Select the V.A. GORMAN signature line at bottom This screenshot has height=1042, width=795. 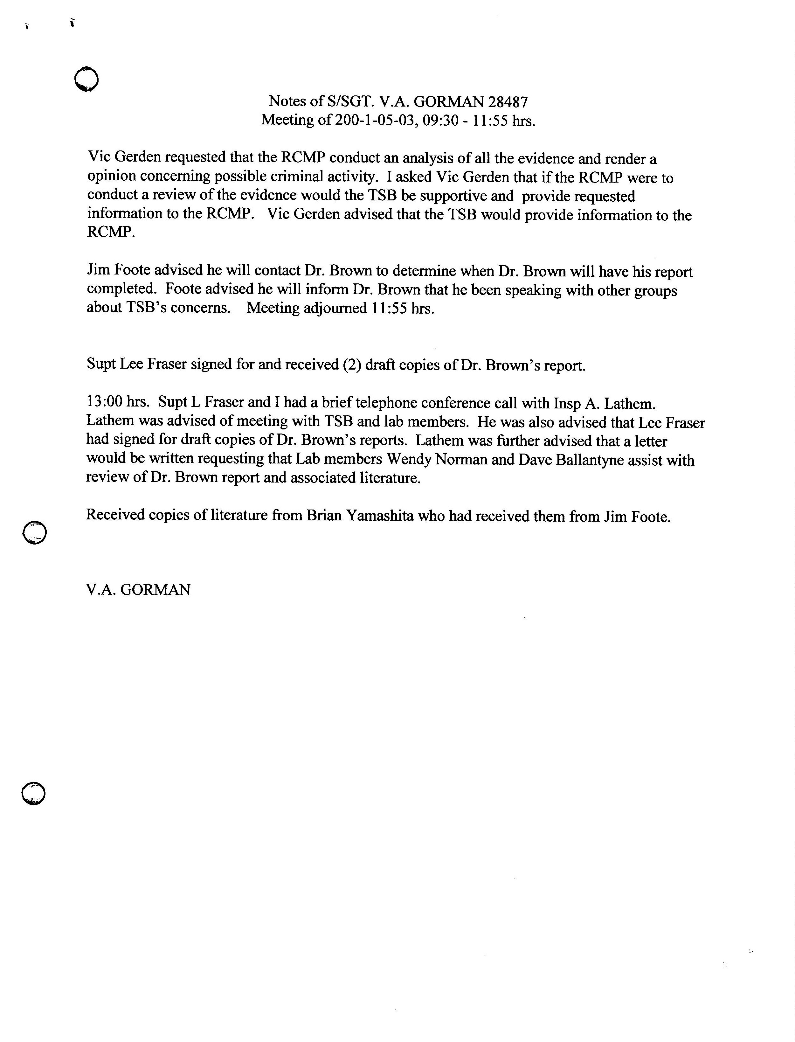click(138, 590)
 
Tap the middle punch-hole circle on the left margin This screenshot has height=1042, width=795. click(35, 533)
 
